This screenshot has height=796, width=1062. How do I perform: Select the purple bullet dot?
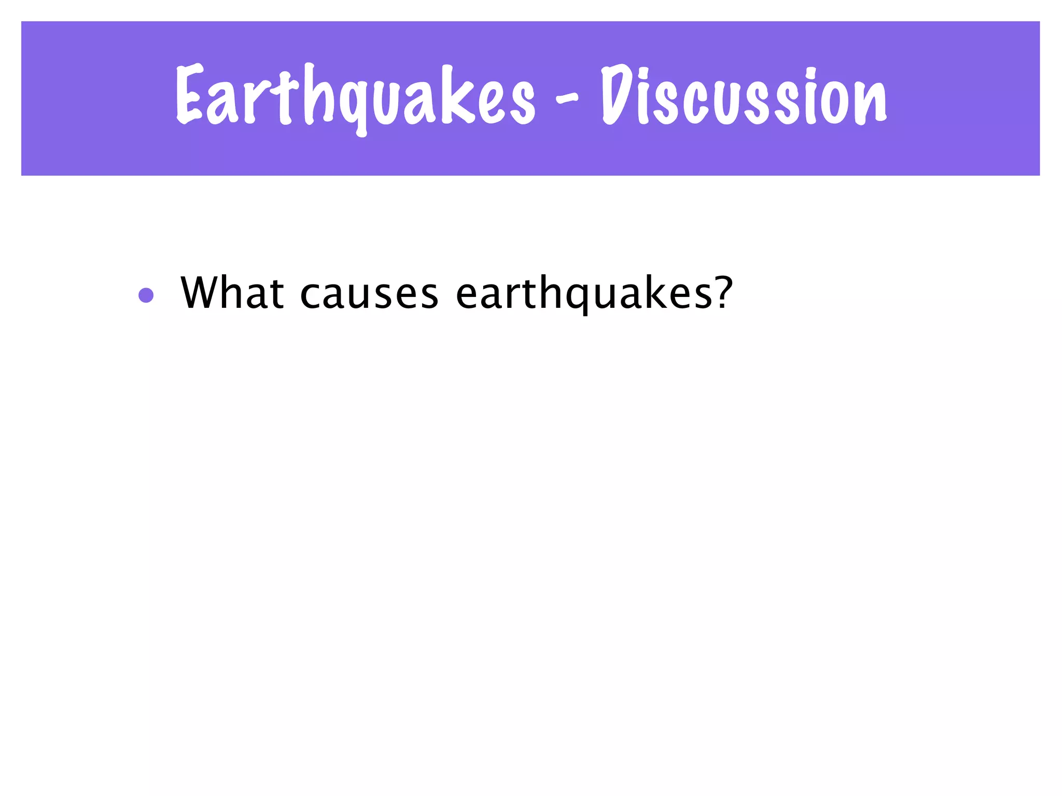(x=146, y=295)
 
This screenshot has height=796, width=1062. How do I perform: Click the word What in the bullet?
(x=232, y=293)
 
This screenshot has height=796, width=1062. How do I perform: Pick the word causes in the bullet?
(x=369, y=294)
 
